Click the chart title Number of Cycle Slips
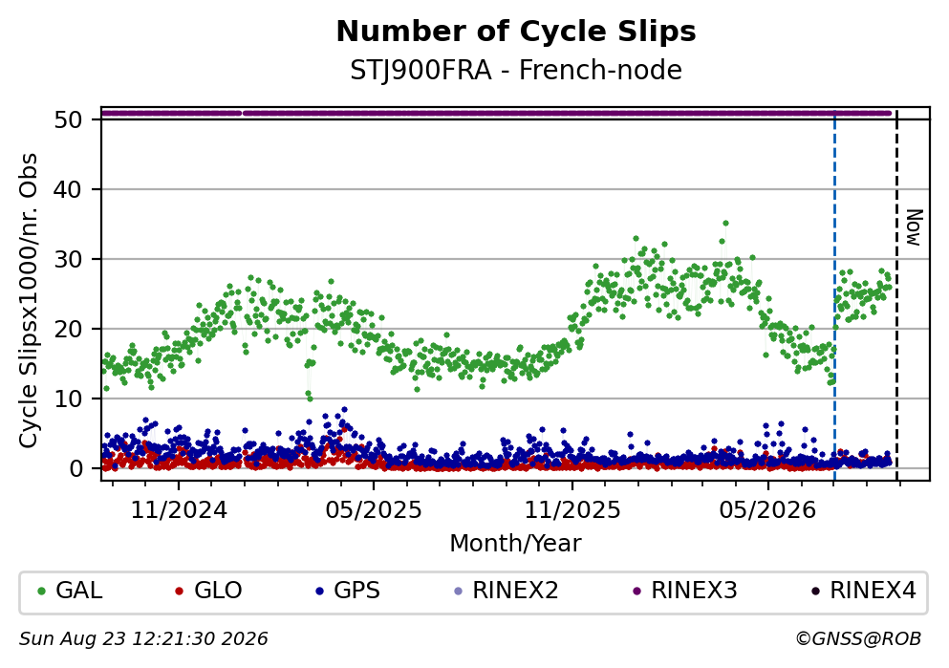[516, 32]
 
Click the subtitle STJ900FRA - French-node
[516, 70]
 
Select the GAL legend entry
[70, 590]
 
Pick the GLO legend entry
[208, 590]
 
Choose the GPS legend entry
[348, 590]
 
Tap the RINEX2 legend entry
[506, 590]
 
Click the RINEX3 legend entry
[685, 590]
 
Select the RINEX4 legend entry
[864, 590]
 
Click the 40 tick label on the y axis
[68, 190]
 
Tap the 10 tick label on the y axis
[68, 399]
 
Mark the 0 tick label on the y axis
[75, 469]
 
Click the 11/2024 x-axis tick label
[179, 510]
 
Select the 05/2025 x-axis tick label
[374, 510]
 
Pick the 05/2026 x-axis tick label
[767, 510]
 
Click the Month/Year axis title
[516, 544]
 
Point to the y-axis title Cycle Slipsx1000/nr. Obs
[29, 301]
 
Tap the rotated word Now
[914, 227]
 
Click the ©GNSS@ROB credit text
[858, 639]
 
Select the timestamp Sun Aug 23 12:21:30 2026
[143, 639]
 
